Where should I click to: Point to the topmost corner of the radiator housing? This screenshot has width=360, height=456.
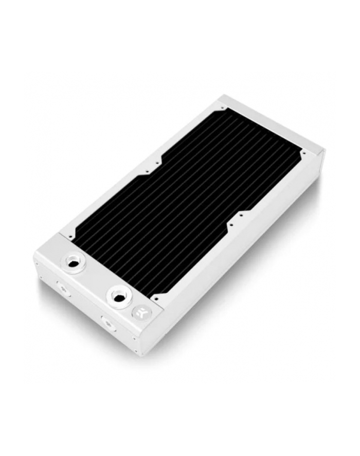[x=222, y=97]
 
